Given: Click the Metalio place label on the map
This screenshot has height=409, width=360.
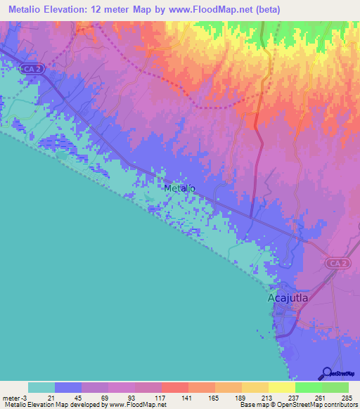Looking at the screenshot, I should (x=179, y=188).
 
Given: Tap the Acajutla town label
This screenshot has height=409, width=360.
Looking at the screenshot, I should (x=289, y=298).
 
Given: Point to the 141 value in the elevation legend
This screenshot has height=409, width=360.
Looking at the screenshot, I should (x=188, y=398).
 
